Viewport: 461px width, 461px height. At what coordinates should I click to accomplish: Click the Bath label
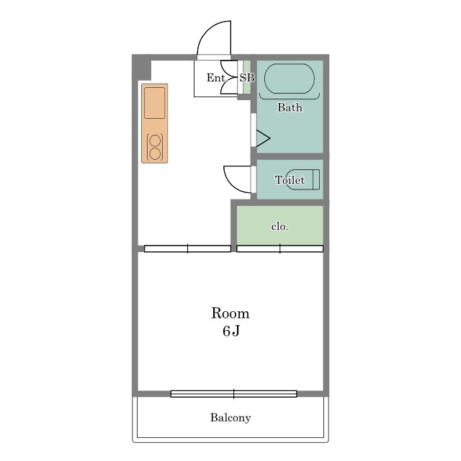pos(290,107)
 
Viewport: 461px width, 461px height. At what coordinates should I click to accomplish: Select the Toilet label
pos(290,179)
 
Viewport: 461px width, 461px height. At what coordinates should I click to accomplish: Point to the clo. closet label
pos(279,226)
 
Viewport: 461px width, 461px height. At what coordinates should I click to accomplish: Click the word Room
pos(230,313)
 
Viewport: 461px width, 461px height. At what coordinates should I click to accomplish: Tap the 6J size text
pos(230,331)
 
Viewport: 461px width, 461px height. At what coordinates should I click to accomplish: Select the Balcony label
pos(230,418)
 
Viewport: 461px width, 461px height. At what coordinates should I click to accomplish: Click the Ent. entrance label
pos(217,78)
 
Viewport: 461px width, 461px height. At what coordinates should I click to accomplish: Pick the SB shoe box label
pos(247,78)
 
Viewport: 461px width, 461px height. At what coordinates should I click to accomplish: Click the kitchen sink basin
pos(154,103)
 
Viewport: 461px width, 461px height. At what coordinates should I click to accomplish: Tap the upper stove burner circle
pos(155,141)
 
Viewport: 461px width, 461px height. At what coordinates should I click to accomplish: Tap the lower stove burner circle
pos(155,153)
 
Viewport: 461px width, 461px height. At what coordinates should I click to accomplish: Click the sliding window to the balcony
pos(233,394)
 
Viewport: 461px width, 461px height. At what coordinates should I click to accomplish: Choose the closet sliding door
pos(280,249)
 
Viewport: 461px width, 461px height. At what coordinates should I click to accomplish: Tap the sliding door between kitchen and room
pos(187,249)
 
